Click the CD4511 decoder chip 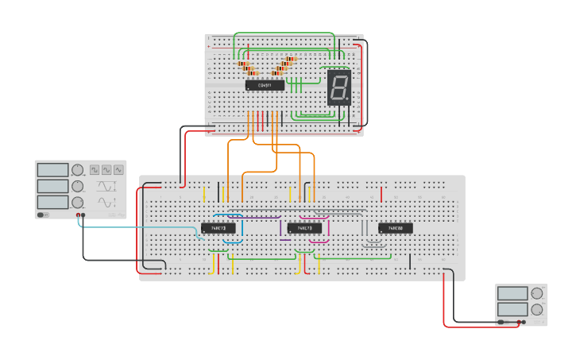pyautogui.click(x=270, y=85)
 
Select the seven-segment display pyautogui.click(x=339, y=87)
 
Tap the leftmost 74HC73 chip pyautogui.click(x=218, y=228)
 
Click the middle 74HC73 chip pyautogui.click(x=304, y=228)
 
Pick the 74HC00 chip pyautogui.click(x=395, y=228)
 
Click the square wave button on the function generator pyautogui.click(x=95, y=169)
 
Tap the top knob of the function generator pyautogui.click(x=77, y=170)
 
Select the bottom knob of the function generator pyautogui.click(x=77, y=202)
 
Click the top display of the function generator pyautogui.click(x=52, y=170)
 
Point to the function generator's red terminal pyautogui.click(x=78, y=215)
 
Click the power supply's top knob pyautogui.click(x=537, y=293)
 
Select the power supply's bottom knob pyautogui.click(x=537, y=310)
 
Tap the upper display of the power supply pyautogui.click(x=512, y=293)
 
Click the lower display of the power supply pyautogui.click(x=512, y=310)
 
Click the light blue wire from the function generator pyautogui.click(x=135, y=227)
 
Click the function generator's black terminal pyautogui.click(x=84, y=215)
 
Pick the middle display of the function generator pyautogui.click(x=52, y=186)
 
